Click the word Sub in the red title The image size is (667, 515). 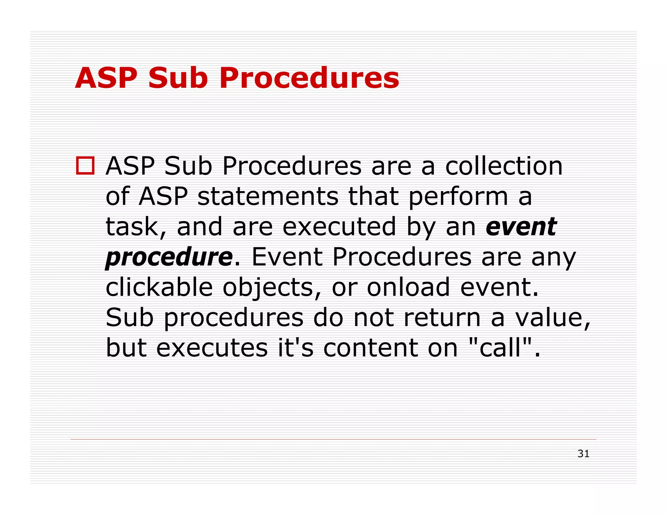pyautogui.click(x=178, y=78)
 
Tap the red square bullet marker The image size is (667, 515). pyautogui.click(x=85, y=166)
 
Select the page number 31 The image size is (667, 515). pyautogui.click(x=583, y=453)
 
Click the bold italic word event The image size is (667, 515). pyautogui.click(x=521, y=227)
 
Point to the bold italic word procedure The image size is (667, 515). pyautogui.click(x=169, y=257)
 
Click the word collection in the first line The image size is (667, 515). pyautogui.click(x=504, y=166)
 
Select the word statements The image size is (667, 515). pyautogui.click(x=268, y=196)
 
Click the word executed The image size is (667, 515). pyautogui.click(x=339, y=227)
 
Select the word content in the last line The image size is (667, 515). pyautogui.click(x=371, y=348)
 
